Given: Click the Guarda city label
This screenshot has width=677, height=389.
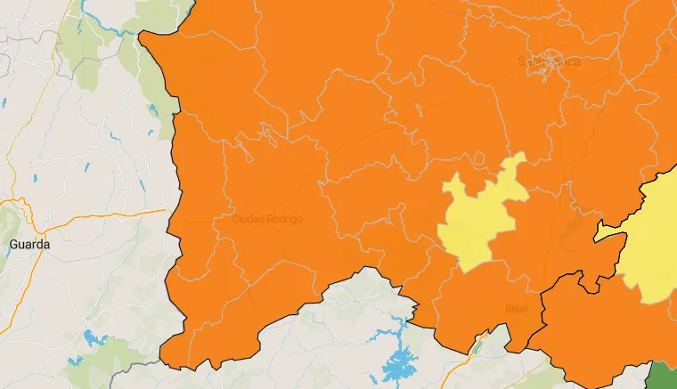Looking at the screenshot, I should tap(29, 243).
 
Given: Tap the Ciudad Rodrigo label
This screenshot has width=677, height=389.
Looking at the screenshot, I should tap(267, 219).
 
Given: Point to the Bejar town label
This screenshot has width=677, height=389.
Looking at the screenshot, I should tap(517, 309).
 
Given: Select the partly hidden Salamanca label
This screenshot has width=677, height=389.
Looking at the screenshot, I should tap(544, 61).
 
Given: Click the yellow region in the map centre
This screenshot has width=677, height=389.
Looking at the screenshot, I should tap(481, 218).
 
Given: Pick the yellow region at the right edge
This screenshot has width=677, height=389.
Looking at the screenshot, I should tap(655, 249).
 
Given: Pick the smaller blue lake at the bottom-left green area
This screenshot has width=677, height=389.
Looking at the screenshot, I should tap(75, 361).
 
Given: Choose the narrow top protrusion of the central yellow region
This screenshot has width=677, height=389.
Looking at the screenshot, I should tap(515, 162).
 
